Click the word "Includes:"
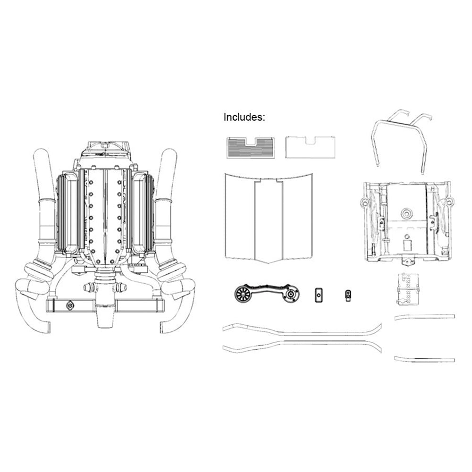pyautogui.click(x=244, y=117)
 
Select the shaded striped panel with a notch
pyautogui.click(x=250, y=148)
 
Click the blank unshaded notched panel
pyautogui.click(x=311, y=148)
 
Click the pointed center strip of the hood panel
pyautogui.click(x=268, y=222)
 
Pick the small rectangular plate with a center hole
pyautogui.click(x=318, y=295)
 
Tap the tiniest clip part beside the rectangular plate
pyautogui.click(x=348, y=295)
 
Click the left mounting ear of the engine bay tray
pyautogui.click(x=364, y=203)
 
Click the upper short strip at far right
pyautogui.click(x=424, y=317)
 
